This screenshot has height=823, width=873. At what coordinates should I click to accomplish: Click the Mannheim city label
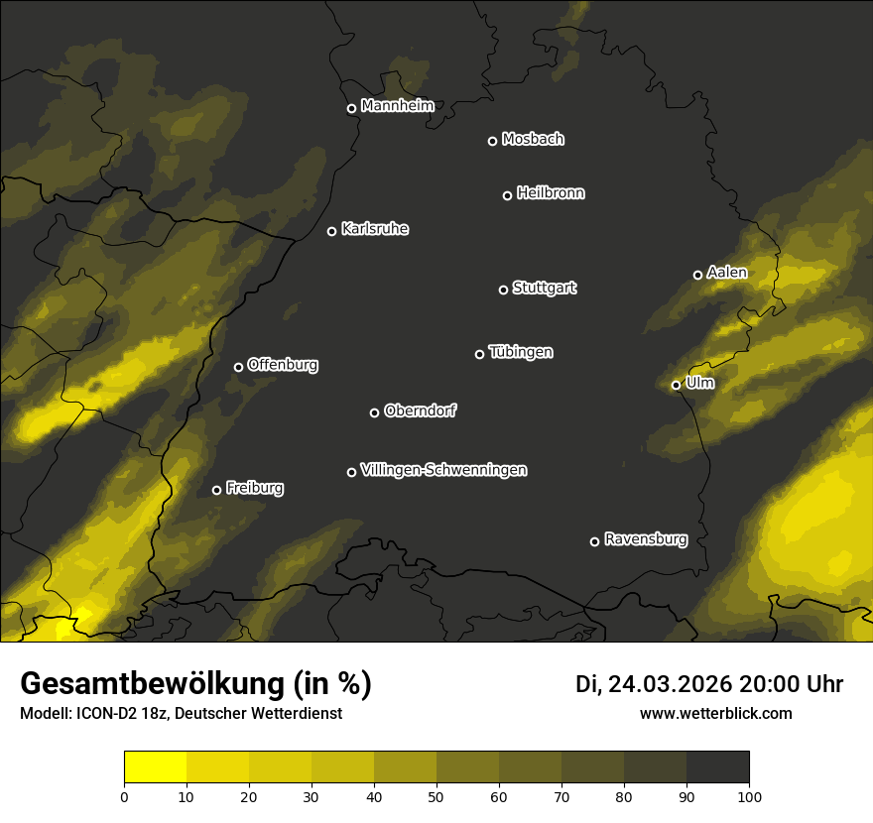click(x=397, y=106)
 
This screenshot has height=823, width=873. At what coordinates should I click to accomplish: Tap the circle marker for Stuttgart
click(x=503, y=290)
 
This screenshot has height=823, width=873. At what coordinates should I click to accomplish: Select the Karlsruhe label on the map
click(x=374, y=229)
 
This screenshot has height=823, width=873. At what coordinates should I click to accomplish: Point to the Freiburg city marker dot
click(x=216, y=490)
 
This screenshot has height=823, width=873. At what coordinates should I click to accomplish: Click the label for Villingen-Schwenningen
click(x=443, y=470)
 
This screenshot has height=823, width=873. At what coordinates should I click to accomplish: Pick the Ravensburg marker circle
click(x=594, y=541)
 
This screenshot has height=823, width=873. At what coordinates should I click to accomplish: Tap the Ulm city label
click(x=699, y=383)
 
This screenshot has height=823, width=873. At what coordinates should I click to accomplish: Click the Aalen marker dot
click(x=697, y=275)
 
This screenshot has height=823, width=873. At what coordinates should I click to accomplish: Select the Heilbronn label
click(x=551, y=193)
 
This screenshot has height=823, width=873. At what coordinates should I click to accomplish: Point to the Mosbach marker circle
click(x=492, y=141)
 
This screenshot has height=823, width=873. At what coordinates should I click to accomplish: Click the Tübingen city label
click(x=521, y=352)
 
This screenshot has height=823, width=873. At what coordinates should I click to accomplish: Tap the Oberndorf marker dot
click(x=374, y=412)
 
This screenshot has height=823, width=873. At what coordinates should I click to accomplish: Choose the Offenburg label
click(x=283, y=365)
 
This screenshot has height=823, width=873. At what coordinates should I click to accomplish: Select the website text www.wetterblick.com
click(x=715, y=713)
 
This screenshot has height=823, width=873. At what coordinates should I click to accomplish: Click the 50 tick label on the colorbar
click(x=436, y=795)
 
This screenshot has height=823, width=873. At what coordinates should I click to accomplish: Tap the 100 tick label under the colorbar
click(x=749, y=795)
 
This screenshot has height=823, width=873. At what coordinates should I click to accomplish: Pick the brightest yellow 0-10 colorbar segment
click(x=156, y=767)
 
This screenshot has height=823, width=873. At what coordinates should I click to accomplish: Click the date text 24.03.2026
click(x=670, y=684)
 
